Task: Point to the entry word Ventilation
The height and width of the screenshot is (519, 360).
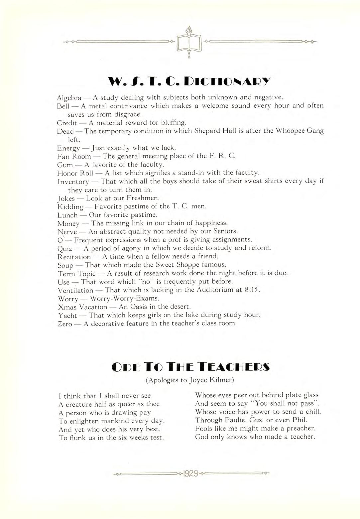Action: pos(75,290)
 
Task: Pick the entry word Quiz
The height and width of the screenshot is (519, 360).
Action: pos(65,248)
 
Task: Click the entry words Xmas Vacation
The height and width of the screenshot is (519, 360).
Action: pos(82,307)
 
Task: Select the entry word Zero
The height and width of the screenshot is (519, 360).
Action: pos(65,324)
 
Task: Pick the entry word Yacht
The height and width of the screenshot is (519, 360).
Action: pos(67,316)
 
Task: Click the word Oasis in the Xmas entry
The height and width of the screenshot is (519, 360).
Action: pos(144,307)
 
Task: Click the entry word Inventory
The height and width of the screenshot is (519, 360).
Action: pos(73,182)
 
